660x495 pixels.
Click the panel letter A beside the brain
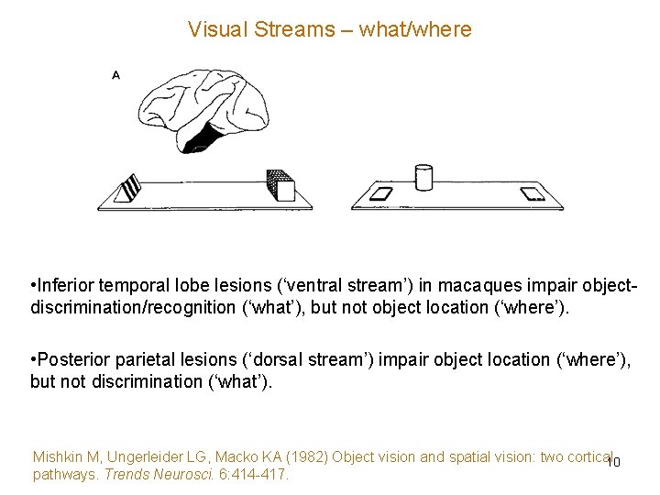pyautogui.click(x=116, y=75)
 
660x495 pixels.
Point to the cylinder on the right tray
pyautogui.click(x=423, y=177)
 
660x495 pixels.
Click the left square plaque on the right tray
pyautogui.click(x=378, y=193)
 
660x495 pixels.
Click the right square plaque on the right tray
pyautogui.click(x=531, y=193)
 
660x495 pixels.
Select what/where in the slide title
pyautogui.click(x=415, y=29)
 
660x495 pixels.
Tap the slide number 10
pyautogui.click(x=613, y=462)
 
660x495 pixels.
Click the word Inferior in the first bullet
pyautogui.click(x=68, y=284)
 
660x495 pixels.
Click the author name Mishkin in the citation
pyautogui.click(x=58, y=456)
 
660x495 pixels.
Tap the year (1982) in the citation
pyautogui.click(x=307, y=456)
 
